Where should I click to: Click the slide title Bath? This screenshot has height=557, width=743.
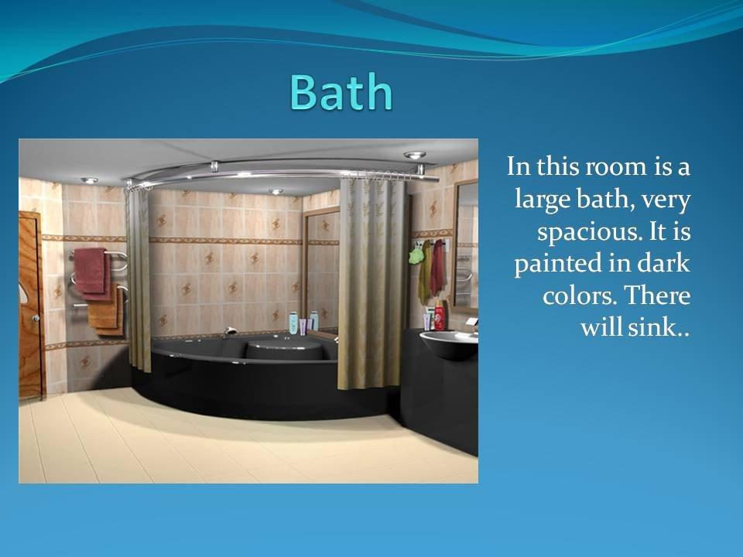tap(341, 91)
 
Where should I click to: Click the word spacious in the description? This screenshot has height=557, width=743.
tap(586, 232)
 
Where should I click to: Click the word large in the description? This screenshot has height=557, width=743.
tap(542, 200)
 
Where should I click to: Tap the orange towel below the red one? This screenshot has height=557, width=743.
tap(105, 310)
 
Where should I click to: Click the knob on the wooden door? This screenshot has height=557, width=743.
tap(36, 318)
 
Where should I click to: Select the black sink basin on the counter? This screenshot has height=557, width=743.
tap(449, 344)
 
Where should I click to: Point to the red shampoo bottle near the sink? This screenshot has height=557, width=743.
tap(440, 315)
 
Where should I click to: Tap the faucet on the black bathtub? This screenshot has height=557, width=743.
tap(229, 330)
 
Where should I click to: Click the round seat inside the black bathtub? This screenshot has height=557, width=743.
tap(284, 349)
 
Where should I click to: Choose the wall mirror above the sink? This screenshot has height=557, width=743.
tap(466, 245)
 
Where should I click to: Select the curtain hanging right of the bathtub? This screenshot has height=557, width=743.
tap(372, 283)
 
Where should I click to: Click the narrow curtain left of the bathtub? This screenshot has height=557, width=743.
tap(138, 277)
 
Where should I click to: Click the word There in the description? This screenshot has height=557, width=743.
tap(657, 296)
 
